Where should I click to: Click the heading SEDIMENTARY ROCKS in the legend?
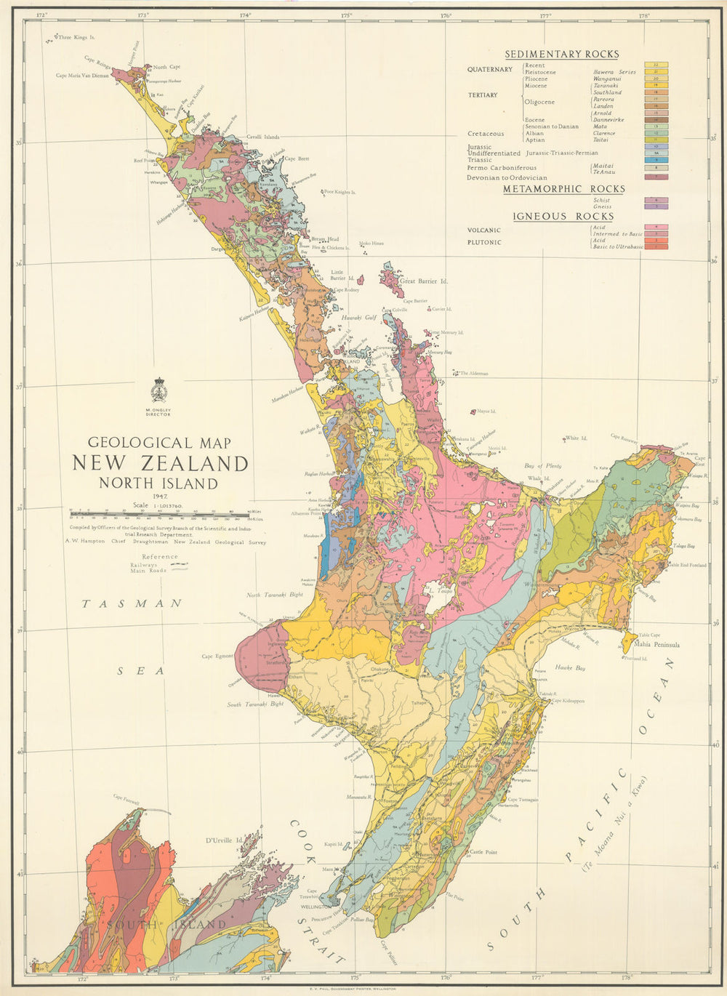562,54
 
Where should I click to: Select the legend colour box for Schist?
656,200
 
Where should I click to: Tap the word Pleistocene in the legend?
541,73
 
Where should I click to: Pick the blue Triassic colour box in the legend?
656,160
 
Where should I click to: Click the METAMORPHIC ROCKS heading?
564,189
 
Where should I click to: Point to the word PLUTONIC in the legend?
484,242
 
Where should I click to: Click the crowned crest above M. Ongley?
158,390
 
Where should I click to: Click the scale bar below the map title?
159,513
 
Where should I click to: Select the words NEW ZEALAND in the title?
160,463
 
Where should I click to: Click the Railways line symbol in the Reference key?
177,565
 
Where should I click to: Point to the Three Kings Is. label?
77,36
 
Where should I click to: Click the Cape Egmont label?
217,656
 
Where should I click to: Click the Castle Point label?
483,851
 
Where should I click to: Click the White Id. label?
576,438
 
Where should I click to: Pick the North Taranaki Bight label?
274,595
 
